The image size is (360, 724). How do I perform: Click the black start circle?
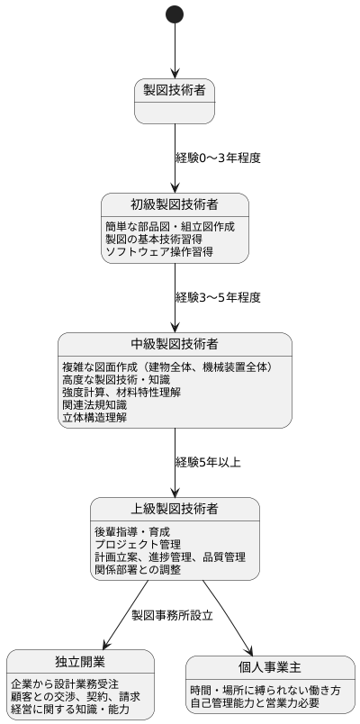pos(175,14)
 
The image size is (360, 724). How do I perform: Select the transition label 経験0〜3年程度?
pos(218,158)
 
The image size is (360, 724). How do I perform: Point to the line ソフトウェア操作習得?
pos(159,252)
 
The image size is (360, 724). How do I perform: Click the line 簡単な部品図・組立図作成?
pos(170,226)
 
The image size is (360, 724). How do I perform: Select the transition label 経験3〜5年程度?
pos(218,297)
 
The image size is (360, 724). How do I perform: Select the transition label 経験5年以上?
pos(208,462)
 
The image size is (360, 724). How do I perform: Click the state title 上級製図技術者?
pos(175,508)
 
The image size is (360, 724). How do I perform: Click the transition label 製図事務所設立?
pos(172,616)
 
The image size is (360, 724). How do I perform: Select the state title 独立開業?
pos(74,660)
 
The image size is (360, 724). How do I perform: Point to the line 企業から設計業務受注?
pos(65,684)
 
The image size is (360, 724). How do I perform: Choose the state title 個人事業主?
pos(269,666)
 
